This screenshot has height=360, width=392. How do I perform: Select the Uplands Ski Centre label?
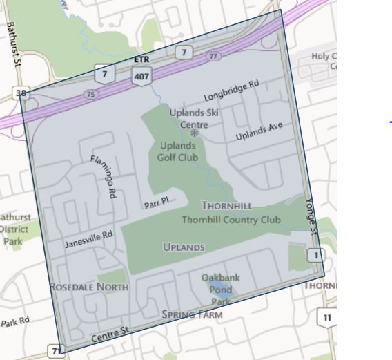(193, 118)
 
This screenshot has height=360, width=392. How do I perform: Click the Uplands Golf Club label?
(178, 151)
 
